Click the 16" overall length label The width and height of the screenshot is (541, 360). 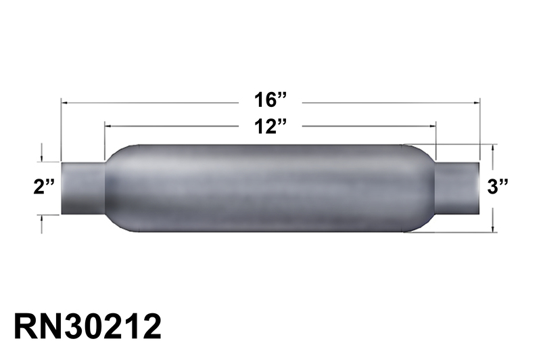(x=270, y=101)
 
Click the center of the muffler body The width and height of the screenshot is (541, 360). (x=270, y=188)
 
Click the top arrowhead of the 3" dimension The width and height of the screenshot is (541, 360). (x=494, y=147)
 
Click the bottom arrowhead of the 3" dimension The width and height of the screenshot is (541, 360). (x=494, y=229)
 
